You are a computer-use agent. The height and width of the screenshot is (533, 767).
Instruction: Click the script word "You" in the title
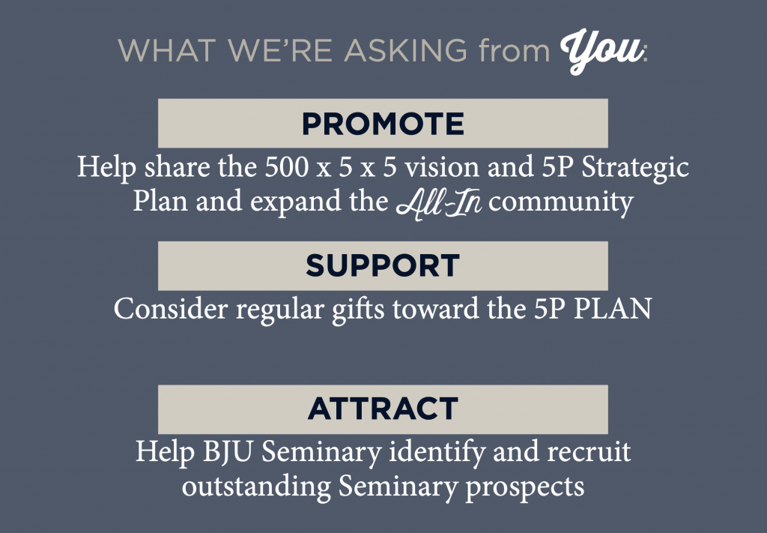click(x=601, y=51)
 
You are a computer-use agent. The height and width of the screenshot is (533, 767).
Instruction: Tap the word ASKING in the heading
click(x=405, y=50)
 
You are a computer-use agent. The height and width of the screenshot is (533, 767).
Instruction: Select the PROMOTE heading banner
click(x=383, y=123)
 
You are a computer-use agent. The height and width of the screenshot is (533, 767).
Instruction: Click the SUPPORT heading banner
click(x=383, y=266)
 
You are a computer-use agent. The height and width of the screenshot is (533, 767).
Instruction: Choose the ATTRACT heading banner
click(x=383, y=409)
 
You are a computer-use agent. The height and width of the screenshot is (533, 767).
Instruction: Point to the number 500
click(x=287, y=167)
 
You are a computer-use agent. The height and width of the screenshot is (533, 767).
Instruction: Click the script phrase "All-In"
click(x=439, y=202)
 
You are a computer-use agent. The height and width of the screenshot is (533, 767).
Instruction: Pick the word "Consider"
click(x=171, y=309)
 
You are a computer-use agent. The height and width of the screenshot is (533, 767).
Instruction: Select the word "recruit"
click(x=589, y=451)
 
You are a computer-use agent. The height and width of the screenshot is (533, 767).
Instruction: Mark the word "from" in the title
click(x=514, y=50)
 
